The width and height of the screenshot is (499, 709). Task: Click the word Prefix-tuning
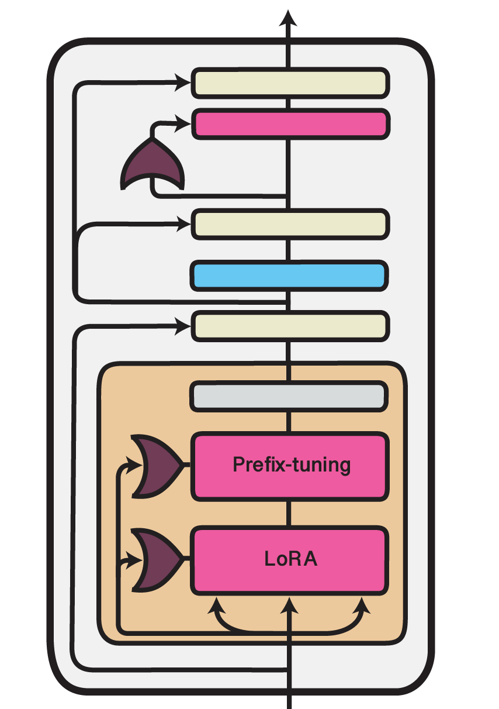coord(291,465)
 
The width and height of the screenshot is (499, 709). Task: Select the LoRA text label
coord(290,559)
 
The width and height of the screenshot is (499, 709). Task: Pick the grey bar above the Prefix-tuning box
coord(289,396)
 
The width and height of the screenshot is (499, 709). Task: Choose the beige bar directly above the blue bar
coord(289,224)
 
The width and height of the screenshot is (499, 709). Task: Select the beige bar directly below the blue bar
coord(289,326)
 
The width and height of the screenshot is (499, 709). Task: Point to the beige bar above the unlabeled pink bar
coord(289,83)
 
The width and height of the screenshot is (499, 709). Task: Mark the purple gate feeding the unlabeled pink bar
coord(153,166)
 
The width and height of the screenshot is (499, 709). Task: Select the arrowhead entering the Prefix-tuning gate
coord(137,466)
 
